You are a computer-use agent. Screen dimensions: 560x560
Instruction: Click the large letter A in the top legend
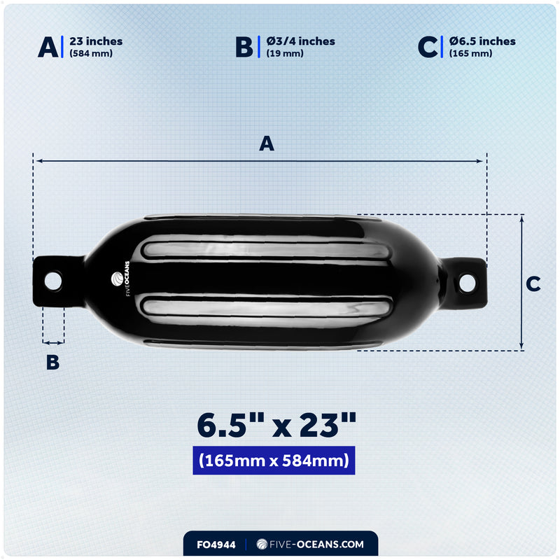click(48, 47)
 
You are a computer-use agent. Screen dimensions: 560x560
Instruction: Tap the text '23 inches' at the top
click(96, 41)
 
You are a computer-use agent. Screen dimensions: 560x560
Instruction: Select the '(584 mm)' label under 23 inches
click(90, 54)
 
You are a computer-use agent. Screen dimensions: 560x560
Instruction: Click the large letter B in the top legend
click(244, 47)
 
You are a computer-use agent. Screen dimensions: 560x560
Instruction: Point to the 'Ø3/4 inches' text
click(300, 41)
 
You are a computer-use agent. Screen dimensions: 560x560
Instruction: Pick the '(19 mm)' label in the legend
click(285, 54)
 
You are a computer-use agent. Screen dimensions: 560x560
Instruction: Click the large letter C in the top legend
click(427, 47)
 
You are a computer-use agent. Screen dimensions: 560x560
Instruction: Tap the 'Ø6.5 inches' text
click(482, 41)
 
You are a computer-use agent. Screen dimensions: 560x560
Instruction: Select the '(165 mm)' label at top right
click(470, 54)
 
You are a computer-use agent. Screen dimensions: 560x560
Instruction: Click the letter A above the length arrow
click(267, 143)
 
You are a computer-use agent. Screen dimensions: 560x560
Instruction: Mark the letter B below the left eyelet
click(52, 362)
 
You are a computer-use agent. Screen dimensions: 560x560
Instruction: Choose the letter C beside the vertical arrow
click(533, 283)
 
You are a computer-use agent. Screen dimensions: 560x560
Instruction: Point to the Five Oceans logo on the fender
click(116, 281)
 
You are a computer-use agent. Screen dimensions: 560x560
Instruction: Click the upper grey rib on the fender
click(266, 251)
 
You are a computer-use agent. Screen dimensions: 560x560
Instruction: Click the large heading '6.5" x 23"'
click(276, 424)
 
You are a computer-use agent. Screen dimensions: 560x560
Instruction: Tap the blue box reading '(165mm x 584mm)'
click(274, 461)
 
